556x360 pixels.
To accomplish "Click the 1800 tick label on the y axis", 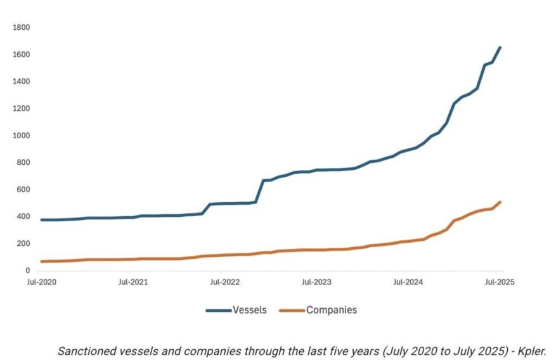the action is click(22, 27).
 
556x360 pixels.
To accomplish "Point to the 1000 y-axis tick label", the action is click(22, 136).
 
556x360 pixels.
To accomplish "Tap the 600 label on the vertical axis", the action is click(23, 190).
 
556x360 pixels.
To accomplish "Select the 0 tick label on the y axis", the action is click(28, 271).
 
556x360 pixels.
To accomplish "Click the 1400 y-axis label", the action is click(22, 82).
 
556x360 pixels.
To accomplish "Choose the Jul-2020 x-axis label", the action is click(41, 282).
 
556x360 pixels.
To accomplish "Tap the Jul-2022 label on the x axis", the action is click(225, 282).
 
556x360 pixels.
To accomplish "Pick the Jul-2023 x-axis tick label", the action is click(316, 282).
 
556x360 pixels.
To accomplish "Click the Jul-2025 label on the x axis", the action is click(500, 282).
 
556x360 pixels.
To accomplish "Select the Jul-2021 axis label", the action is click(133, 282).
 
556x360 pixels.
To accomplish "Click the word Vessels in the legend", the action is click(250, 310).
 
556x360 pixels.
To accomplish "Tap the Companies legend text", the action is click(332, 310).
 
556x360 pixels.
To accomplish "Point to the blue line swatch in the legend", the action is click(219, 311).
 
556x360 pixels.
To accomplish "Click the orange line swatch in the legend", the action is click(292, 311).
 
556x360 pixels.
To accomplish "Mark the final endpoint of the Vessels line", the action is click(500, 48).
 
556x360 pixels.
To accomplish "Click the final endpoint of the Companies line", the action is click(500, 202).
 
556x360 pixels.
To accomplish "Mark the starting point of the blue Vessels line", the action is click(42, 220).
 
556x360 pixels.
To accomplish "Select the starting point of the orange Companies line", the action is click(42, 262).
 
